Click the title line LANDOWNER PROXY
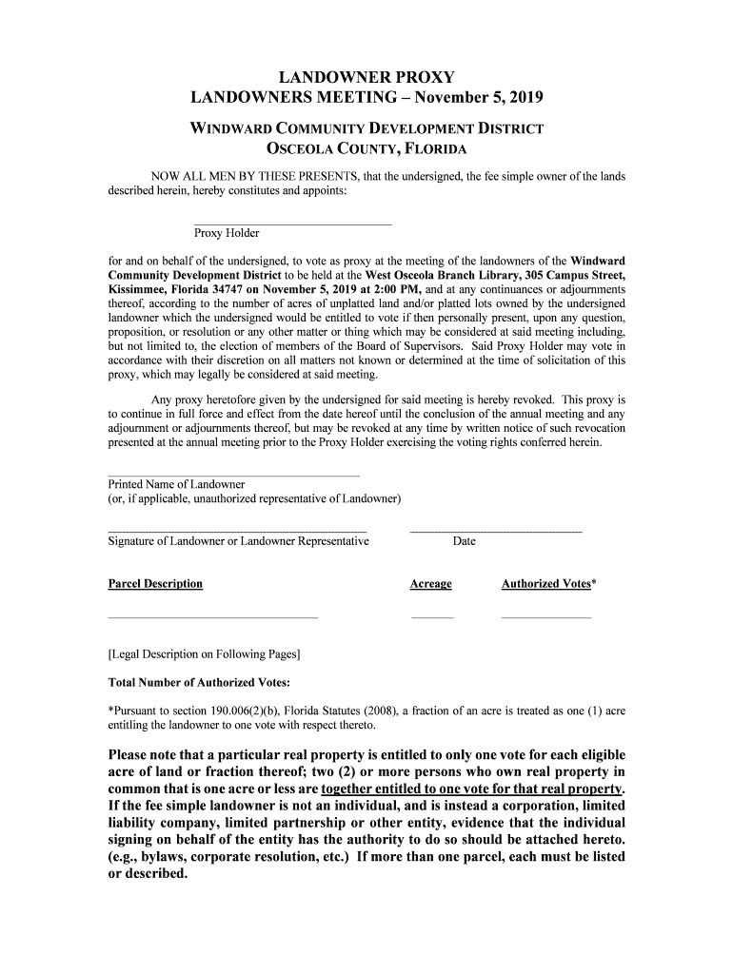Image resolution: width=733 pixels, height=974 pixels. coord(366,76)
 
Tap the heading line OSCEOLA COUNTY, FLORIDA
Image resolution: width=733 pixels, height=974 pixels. coord(366,149)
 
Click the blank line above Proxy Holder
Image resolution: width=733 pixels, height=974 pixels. coord(292,224)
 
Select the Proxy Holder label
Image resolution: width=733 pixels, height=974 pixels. coord(227,233)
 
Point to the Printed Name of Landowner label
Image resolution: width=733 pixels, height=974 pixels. coord(176,484)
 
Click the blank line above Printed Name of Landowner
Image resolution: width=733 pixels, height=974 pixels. coord(234,475)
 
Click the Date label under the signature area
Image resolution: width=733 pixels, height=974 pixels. coord(465,541)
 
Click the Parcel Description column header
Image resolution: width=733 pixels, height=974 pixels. coord(155,584)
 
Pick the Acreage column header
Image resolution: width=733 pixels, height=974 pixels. coord(430,584)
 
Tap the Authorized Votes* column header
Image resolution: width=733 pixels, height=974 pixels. coord(548,584)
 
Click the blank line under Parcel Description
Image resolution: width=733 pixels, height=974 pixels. coord(213,618)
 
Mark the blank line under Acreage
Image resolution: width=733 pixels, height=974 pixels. coord(432,618)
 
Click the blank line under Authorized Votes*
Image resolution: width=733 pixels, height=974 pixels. coord(545,618)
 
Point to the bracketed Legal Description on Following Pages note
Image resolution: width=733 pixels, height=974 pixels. coord(205,654)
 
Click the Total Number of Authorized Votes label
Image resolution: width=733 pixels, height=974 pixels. coord(199,683)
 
